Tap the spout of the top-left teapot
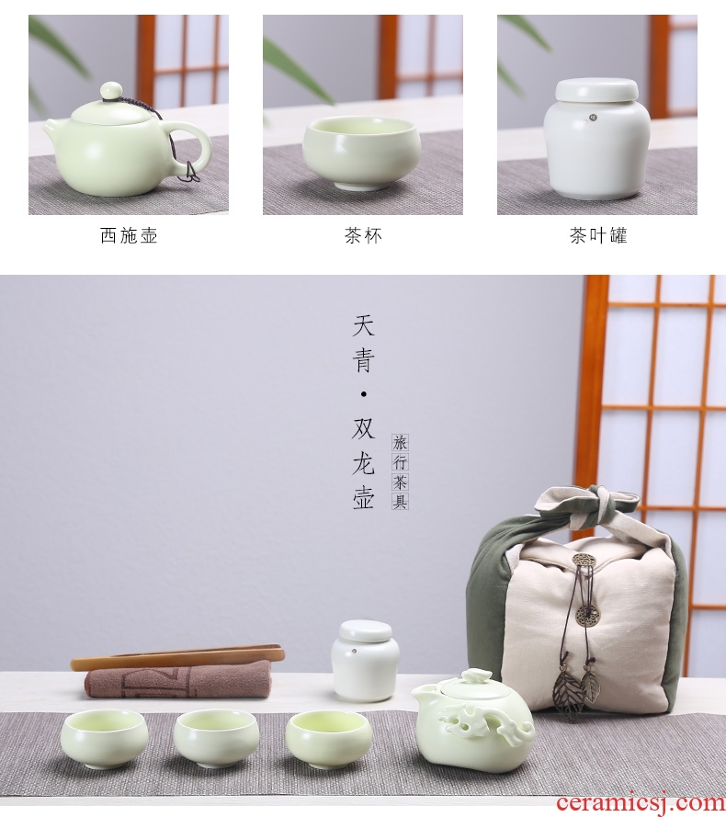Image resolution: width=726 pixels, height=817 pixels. coord(53,127)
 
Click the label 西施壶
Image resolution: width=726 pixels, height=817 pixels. coord(129,235)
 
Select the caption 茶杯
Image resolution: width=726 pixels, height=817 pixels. coord(363,235)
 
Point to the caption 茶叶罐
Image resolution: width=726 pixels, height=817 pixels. coord(598,235)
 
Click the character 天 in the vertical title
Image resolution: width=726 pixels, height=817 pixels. coord(363,325)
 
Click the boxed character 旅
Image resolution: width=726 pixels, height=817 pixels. coord(400,443)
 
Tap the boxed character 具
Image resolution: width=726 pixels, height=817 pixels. coord(400,501)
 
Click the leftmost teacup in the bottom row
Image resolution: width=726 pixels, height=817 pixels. coord(104,737)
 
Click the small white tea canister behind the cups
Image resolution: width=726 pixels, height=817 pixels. coord(366,660)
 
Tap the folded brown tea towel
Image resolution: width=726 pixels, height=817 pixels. coord(178,679)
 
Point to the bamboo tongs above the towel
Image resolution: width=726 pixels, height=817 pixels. coord(178,655)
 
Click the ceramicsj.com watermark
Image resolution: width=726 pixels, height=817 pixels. coord(641,802)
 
